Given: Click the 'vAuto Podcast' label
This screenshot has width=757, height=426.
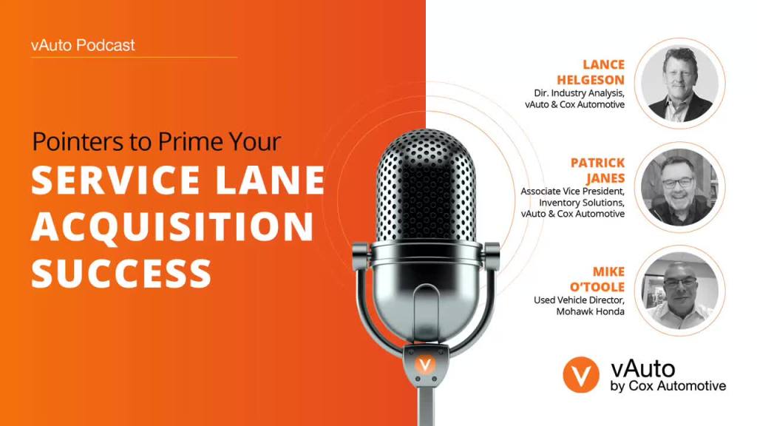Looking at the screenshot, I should tap(83, 45).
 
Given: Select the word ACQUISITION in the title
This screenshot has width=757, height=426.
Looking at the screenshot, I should tap(172, 226).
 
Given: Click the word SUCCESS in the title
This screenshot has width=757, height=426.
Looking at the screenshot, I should tap(121, 272).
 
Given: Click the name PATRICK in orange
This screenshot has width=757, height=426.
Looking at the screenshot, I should tap(597, 163).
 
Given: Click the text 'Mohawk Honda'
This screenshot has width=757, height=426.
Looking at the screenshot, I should tap(591, 312).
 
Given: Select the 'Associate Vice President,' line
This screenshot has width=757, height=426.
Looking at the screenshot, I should tap(572, 191).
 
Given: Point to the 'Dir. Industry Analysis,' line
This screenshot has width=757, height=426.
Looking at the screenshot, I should tap(580, 93).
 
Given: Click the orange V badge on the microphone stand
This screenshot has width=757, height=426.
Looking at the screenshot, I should tap(424, 365).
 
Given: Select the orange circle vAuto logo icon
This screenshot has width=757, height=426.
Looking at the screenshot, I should tap(581, 376).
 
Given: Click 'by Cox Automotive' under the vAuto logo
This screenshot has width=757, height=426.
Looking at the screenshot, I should tap(668, 386).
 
